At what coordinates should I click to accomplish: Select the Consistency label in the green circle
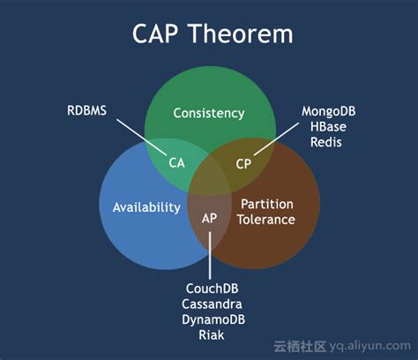(208, 113)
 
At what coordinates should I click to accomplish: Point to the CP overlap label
(243, 162)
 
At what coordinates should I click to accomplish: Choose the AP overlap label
(210, 217)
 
